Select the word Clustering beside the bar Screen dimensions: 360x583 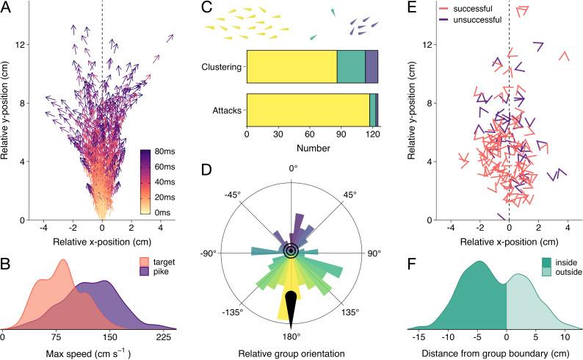point(222,65)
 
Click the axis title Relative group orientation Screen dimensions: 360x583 point(291,353)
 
